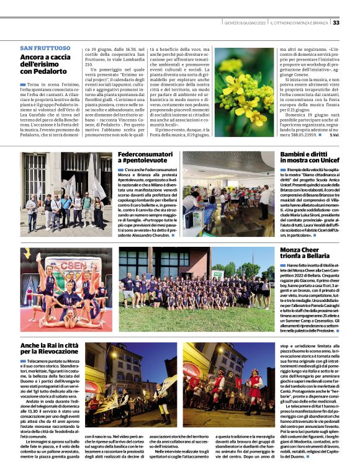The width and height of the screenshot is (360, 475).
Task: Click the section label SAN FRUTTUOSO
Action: click(45, 48)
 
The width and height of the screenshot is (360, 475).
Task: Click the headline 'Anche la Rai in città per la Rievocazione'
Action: click(50, 348)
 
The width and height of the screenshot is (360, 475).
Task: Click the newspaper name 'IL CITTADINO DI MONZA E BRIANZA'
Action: click(299, 22)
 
